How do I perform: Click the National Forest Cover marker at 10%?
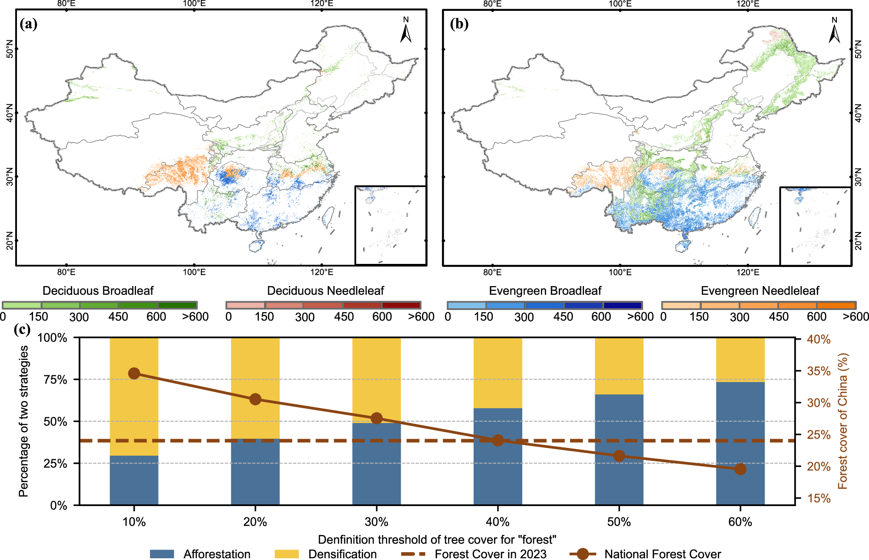134,373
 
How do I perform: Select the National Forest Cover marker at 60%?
740,469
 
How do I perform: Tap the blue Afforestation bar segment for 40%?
498,457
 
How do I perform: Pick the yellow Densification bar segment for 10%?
134,396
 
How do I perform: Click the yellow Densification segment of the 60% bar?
740,360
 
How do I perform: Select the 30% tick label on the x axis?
376,522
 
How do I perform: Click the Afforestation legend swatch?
162,554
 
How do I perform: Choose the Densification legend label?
342,554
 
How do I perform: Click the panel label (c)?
22,329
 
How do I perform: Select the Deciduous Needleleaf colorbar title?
325,290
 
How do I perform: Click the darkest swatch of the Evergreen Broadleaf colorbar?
622,305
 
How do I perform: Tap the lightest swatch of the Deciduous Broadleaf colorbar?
22,305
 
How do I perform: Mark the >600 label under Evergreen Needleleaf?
856,317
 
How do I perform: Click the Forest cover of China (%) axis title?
842,421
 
